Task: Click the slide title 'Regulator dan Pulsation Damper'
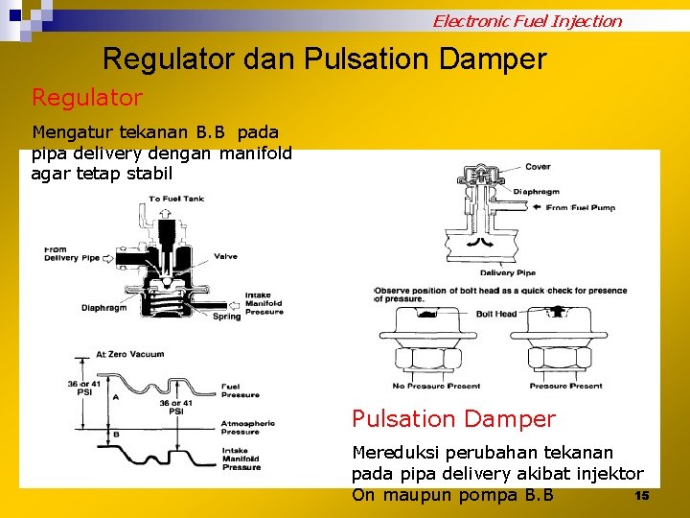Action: [324, 59]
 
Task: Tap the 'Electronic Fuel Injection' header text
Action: [526, 21]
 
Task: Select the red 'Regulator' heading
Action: [87, 98]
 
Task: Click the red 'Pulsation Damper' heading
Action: [453, 419]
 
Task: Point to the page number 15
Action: [642, 495]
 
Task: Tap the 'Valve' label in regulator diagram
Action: [225, 256]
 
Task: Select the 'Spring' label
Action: [227, 317]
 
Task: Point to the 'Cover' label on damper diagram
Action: [538, 167]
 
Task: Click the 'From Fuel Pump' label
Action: [580, 207]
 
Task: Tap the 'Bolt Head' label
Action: [495, 314]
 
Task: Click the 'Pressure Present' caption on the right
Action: [566, 386]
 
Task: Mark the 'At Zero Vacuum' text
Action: [129, 354]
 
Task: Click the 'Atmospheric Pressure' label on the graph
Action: [247, 427]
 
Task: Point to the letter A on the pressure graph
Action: [116, 396]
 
